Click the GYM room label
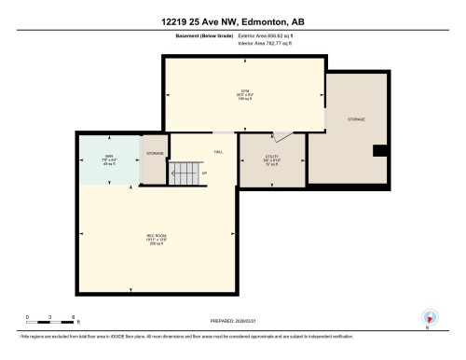pos(243,90)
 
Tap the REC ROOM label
pos(156,235)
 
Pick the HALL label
pos(218,151)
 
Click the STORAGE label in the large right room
pos(357,120)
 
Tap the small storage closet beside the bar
pos(155,159)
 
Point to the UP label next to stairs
pos(205,173)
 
